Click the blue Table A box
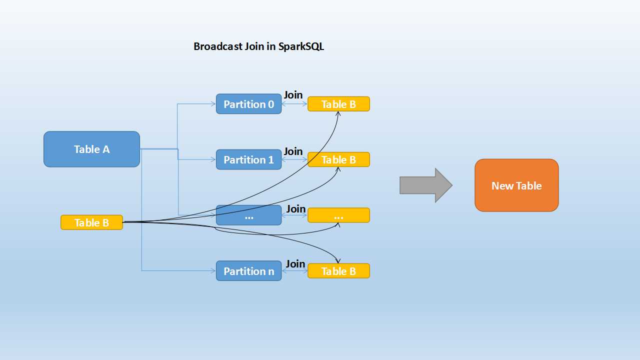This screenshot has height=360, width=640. (91, 149)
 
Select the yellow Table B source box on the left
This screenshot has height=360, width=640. (91, 222)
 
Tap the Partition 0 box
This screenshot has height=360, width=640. (248, 104)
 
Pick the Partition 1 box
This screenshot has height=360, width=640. (248, 159)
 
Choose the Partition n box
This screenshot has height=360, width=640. (248, 271)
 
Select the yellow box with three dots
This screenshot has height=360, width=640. (338, 215)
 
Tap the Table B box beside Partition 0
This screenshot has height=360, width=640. (338, 104)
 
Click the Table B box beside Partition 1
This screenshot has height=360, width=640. (338, 159)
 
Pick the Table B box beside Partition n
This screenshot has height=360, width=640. (338, 271)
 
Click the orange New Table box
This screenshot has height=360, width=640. (516, 185)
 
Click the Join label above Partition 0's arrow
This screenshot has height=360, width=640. (293, 95)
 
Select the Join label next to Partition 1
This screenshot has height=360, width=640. (293, 151)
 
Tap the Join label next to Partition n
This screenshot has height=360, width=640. (295, 263)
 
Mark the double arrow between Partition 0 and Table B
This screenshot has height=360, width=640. (294, 104)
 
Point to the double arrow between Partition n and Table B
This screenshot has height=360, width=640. (294, 271)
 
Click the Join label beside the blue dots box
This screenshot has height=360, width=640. (295, 208)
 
